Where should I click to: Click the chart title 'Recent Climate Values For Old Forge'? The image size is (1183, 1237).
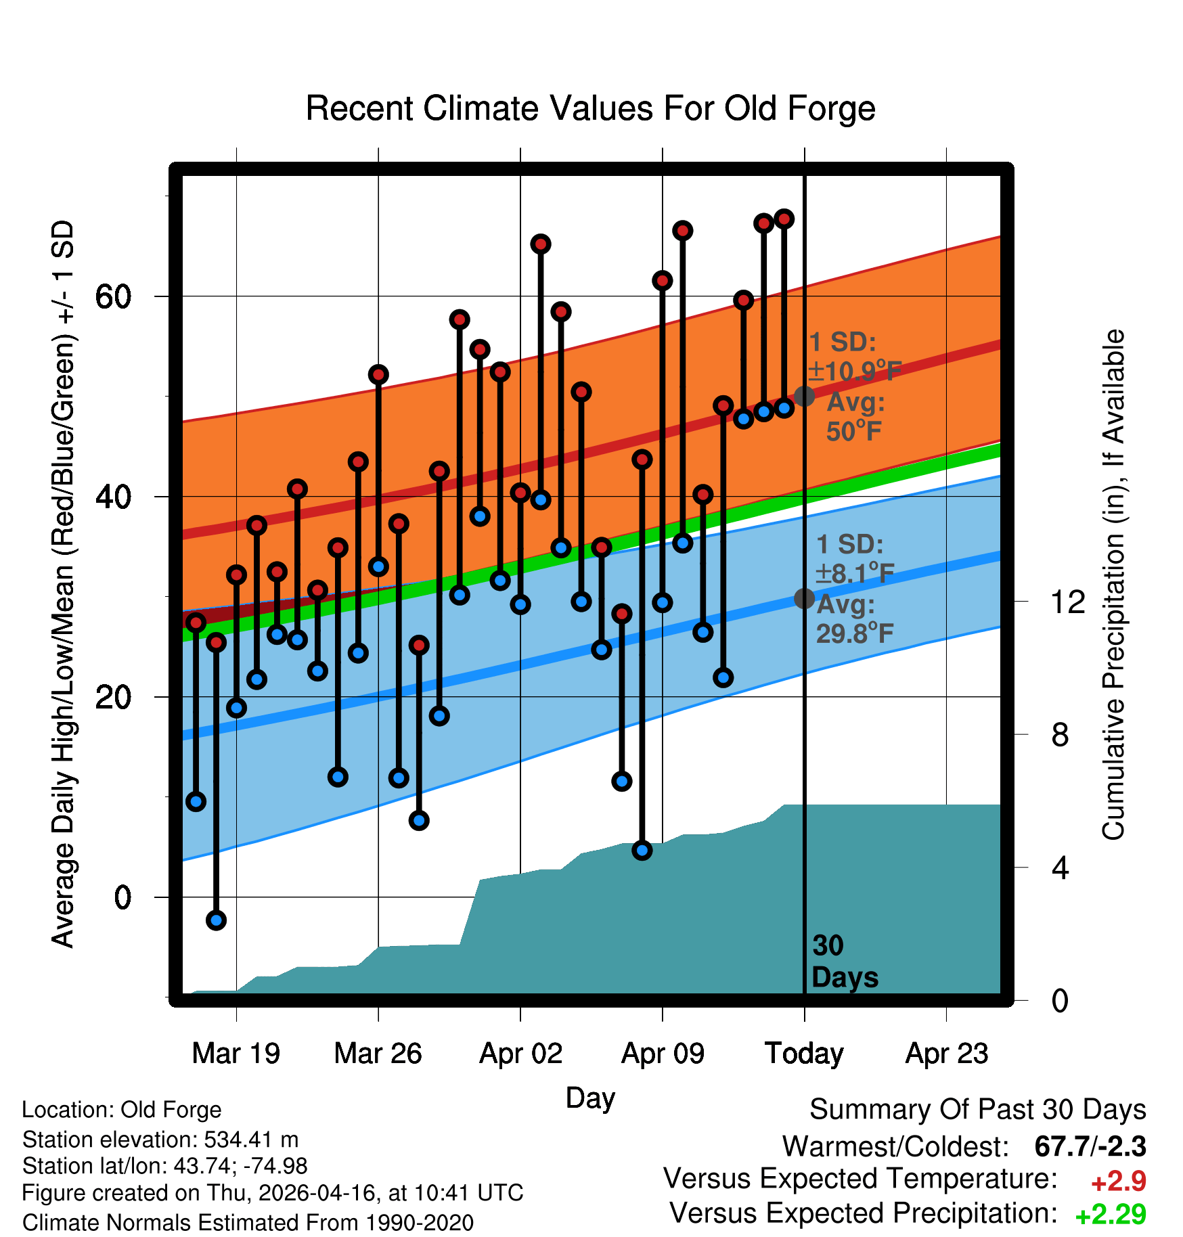point(590,109)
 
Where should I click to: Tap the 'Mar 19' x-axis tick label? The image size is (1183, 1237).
point(236,1053)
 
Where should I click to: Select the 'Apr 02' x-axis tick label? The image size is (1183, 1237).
point(520,1053)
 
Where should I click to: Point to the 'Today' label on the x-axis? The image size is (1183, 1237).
point(804,1054)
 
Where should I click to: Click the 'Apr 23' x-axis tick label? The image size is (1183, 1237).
point(947,1053)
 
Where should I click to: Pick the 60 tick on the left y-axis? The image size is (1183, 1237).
point(114,296)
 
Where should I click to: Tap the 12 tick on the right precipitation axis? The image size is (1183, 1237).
point(1068,602)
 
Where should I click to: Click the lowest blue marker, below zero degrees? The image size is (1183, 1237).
point(216,920)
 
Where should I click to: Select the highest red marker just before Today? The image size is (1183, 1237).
point(784,219)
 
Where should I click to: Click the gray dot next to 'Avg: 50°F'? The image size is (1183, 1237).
point(804,396)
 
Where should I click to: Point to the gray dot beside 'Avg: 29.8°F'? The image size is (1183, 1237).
point(804,598)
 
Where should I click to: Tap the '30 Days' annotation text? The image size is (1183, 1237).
point(844,962)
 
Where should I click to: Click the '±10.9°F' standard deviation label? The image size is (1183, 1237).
point(855,371)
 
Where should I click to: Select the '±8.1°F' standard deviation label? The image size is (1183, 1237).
point(855,573)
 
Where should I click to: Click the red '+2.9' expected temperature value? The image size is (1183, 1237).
point(1118,1182)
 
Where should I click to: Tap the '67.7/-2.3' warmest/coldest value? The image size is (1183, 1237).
point(1090,1146)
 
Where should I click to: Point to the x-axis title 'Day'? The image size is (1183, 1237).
point(590,1098)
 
